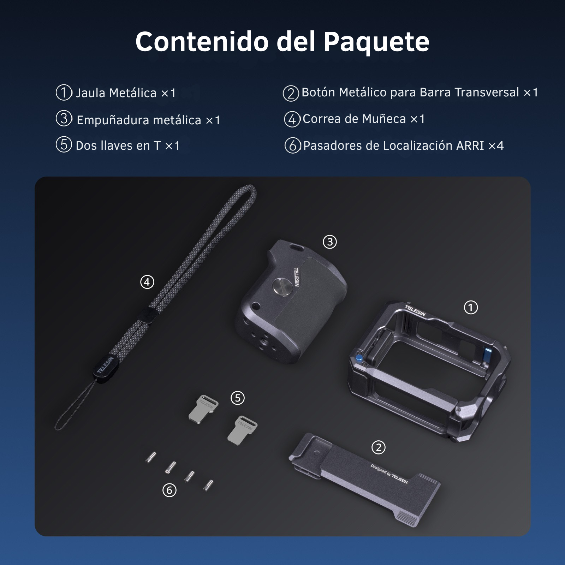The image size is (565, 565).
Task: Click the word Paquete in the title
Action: pyautogui.click(x=376, y=42)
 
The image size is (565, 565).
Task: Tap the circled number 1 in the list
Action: pyautogui.click(x=64, y=93)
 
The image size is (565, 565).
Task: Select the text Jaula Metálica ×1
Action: pyautogui.click(x=125, y=93)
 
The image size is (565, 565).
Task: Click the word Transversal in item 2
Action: pyautogui.click(x=487, y=92)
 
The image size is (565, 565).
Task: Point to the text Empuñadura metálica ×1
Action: pyautogui.click(x=148, y=120)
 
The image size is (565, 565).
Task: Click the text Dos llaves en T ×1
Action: pyautogui.click(x=127, y=145)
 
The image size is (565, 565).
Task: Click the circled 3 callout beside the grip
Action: pyautogui.click(x=330, y=242)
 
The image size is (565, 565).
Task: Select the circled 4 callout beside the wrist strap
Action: pyautogui.click(x=147, y=282)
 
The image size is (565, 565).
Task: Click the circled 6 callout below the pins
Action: pyautogui.click(x=169, y=490)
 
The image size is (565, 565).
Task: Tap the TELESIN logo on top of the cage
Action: pyautogui.click(x=415, y=311)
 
